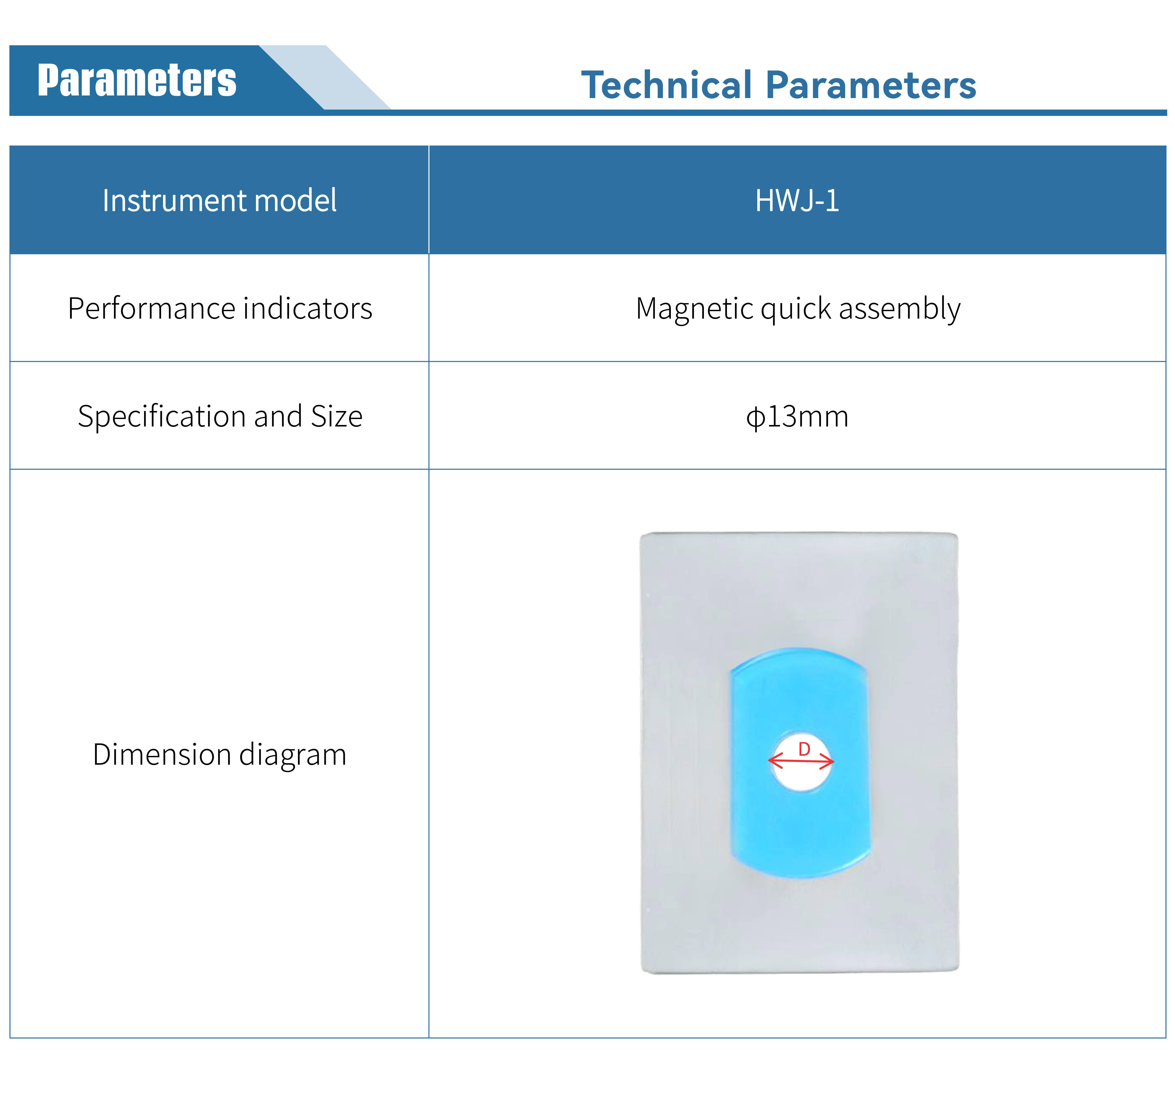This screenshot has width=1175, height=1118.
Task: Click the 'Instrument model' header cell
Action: click(x=219, y=200)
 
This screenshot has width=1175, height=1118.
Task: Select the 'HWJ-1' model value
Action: click(x=797, y=200)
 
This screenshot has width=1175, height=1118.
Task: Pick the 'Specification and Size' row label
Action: click(x=220, y=416)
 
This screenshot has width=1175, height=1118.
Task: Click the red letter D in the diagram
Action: click(x=804, y=749)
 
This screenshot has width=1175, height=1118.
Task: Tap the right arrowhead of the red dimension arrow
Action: click(x=827, y=762)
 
